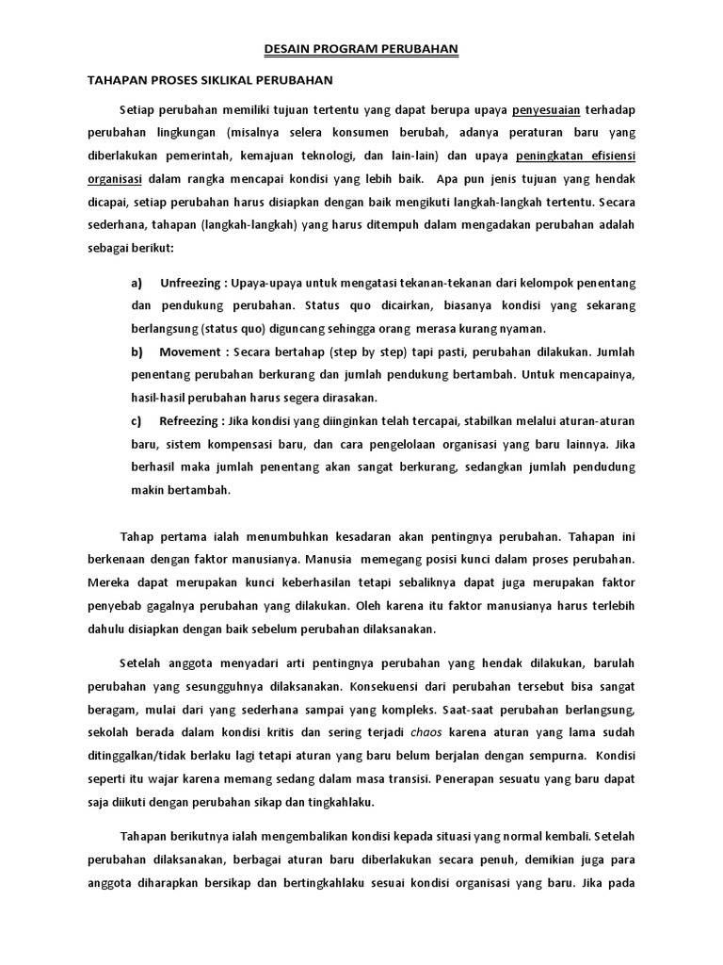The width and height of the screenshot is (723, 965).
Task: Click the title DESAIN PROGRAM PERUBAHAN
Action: (x=361, y=48)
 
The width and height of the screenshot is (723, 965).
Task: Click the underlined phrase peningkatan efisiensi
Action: (x=577, y=156)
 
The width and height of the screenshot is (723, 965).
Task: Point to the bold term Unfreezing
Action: (x=192, y=283)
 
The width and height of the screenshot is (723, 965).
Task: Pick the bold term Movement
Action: (x=188, y=352)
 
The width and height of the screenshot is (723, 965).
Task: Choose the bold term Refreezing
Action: (x=191, y=421)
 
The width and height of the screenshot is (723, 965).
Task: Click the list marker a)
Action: (x=137, y=283)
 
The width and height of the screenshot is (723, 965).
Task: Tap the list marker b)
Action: (x=137, y=352)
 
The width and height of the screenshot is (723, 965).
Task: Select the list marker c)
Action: (x=137, y=421)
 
